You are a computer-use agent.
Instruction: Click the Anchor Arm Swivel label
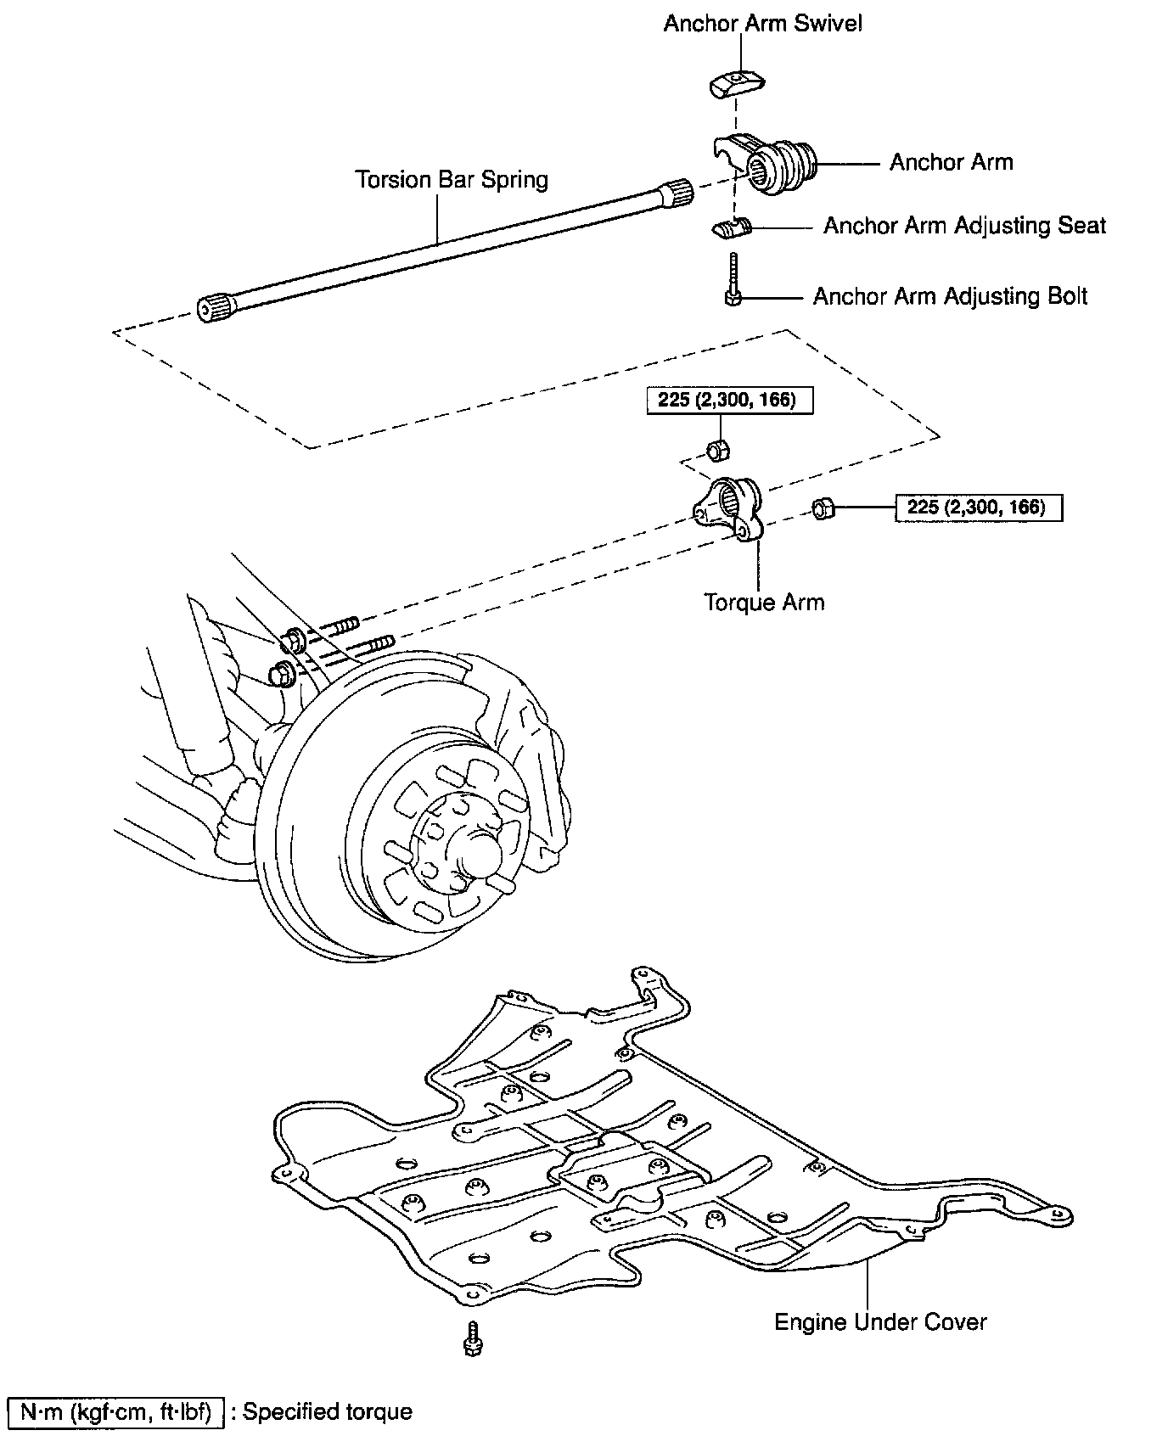pos(762,23)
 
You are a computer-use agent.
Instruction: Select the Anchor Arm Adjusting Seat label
pos(964,226)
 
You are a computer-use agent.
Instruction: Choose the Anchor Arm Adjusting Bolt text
pos(950,296)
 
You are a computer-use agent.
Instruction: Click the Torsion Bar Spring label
pos(452,180)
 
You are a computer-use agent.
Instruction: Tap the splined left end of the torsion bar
pos(217,306)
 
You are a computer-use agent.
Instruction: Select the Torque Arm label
pos(764,602)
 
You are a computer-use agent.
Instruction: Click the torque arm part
pos(730,510)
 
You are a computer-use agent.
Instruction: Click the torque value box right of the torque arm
pos(979,508)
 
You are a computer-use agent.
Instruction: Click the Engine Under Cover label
pos(880,1321)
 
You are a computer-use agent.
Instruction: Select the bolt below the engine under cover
pos(471,1338)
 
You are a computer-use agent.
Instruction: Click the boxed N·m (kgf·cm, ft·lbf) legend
pos(115,1411)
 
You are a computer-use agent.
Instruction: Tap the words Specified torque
pos(327,1411)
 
